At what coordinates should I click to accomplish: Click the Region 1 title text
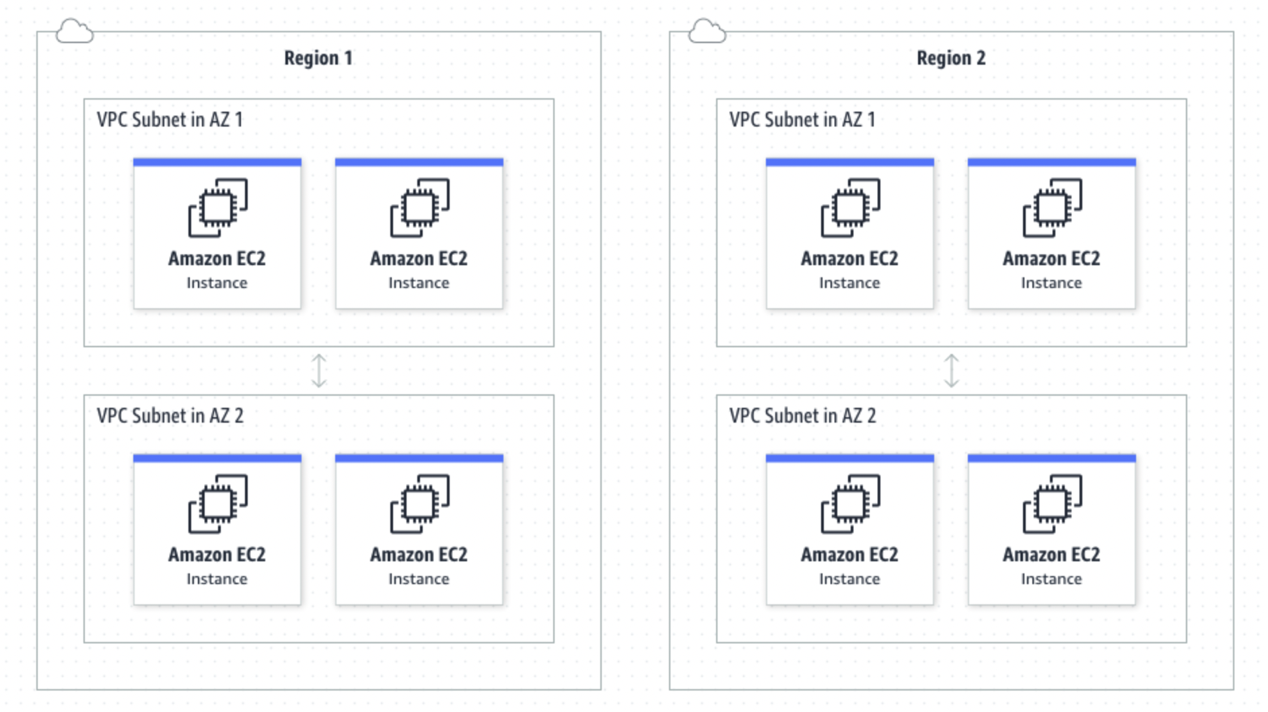coord(318,58)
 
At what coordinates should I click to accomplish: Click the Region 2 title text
coord(950,58)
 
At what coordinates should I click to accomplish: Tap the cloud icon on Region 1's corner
coord(74,31)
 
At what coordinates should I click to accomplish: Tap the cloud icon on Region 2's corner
coord(707,31)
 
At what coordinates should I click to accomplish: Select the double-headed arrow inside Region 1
coord(319,371)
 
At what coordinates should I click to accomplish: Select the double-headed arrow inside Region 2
coord(951,371)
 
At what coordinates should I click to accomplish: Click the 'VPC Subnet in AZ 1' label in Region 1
coord(170,120)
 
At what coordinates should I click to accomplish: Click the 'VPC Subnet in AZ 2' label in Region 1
coord(170,416)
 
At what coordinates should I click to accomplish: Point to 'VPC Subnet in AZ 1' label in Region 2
coord(802,120)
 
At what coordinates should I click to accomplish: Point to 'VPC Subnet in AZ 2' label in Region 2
coord(802,416)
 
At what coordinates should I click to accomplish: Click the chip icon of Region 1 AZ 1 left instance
coord(217,207)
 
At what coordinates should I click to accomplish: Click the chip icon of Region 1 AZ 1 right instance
coord(419,207)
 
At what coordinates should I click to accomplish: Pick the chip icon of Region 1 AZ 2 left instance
coord(217,503)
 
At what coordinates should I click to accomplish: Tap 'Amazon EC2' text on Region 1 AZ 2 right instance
coord(419,555)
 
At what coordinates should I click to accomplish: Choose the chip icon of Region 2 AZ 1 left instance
coord(850,207)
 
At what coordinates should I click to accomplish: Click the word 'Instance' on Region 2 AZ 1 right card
coord(1051,283)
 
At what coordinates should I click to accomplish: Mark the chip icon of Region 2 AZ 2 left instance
coord(850,503)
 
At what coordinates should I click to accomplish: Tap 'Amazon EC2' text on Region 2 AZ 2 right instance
coord(1051,555)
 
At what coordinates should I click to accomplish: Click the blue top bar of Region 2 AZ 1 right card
coord(1051,162)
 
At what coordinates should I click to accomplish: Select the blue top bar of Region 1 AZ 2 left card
coord(217,458)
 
